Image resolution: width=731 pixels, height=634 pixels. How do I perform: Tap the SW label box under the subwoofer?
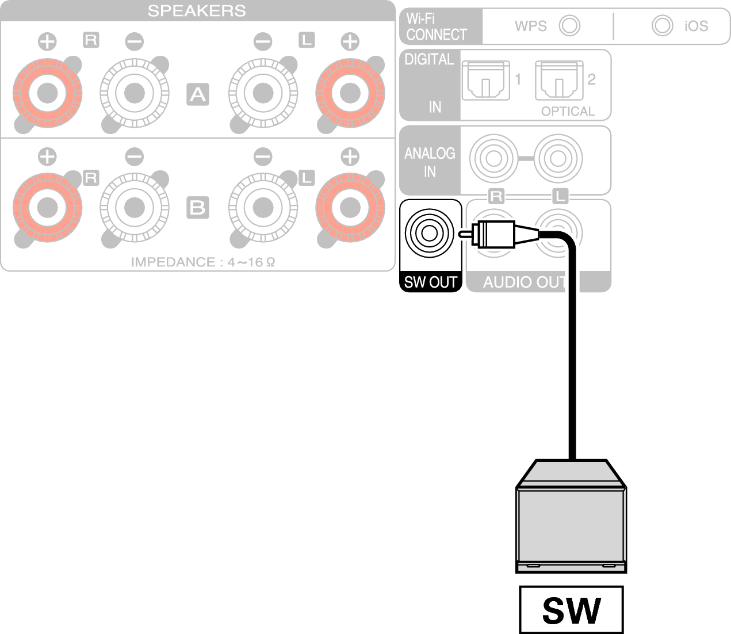tap(571, 610)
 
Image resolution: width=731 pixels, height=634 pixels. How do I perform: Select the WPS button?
tap(570, 25)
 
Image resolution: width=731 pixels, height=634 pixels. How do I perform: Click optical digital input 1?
tap(486, 81)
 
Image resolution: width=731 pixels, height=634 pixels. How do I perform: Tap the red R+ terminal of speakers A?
tap(47, 92)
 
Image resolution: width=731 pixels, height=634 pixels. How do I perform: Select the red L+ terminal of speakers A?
tap(350, 92)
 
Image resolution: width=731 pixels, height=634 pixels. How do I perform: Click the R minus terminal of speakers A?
tap(135, 92)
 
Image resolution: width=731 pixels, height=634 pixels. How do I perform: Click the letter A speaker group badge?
tap(198, 94)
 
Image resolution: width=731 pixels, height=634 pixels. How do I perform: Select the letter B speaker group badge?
tap(198, 207)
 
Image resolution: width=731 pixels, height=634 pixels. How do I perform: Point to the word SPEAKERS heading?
tap(197, 10)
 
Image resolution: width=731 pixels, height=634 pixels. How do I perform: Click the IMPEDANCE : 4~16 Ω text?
tap(203, 262)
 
